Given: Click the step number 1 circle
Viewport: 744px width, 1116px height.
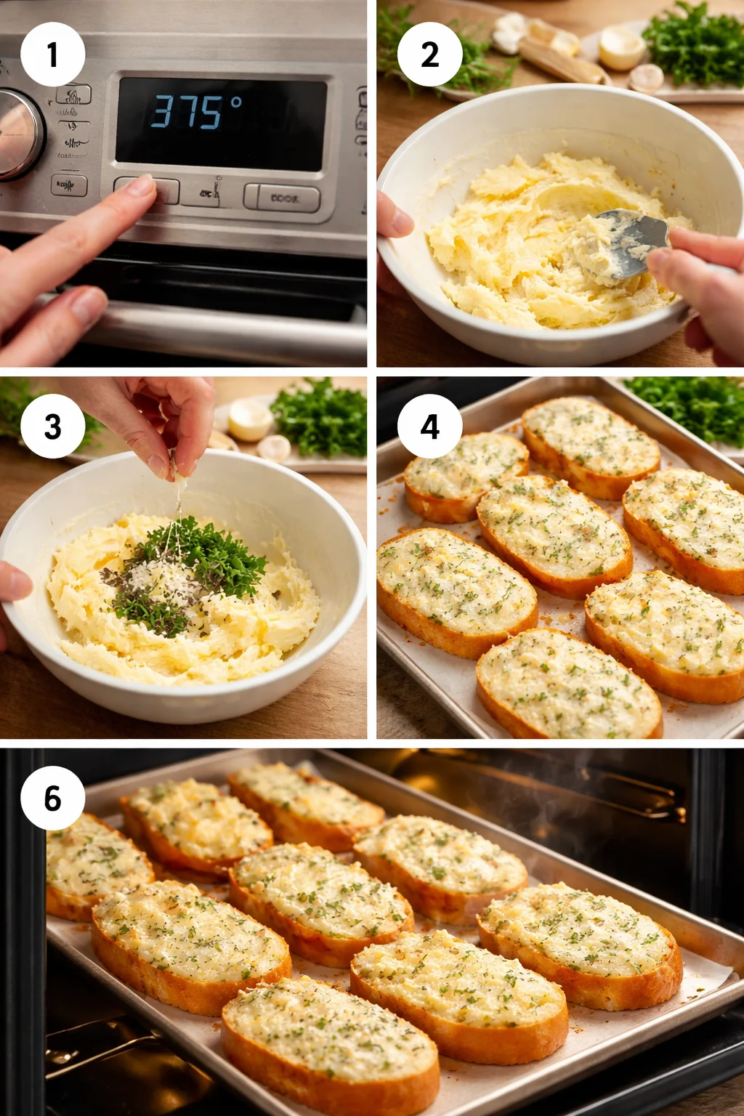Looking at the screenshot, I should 52,54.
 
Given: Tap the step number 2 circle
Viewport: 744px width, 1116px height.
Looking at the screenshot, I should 429,54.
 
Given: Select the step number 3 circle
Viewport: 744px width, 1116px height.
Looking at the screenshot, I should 52,426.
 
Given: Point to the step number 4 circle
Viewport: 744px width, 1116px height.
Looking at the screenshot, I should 429,426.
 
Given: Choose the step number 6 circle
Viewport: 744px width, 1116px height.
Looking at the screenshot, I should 52,798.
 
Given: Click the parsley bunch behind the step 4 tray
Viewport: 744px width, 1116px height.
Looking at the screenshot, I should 690,407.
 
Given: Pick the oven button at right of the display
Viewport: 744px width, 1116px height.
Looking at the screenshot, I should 282,198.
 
